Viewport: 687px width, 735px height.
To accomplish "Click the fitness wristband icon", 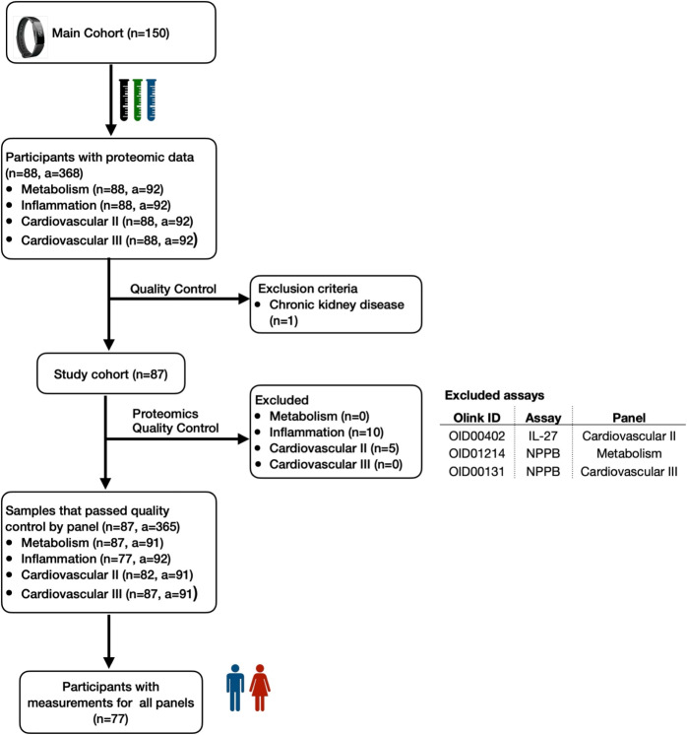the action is click(x=30, y=37).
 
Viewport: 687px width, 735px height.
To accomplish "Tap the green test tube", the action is click(x=137, y=100).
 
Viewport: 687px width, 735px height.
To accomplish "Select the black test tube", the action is click(x=124, y=100).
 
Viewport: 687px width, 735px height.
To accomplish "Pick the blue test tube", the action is click(x=151, y=100).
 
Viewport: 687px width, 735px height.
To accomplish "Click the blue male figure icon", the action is click(x=235, y=688).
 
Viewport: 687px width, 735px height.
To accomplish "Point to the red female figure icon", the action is click(x=260, y=688).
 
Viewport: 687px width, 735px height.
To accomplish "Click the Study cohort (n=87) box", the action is click(x=111, y=373).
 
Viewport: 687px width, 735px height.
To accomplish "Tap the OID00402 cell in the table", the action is click(x=476, y=435).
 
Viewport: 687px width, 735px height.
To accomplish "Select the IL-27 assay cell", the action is click(x=542, y=435).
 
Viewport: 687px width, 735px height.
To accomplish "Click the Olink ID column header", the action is click(x=476, y=418).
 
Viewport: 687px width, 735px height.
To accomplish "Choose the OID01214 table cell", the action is click(x=476, y=454).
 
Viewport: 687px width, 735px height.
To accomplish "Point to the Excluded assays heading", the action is click(x=494, y=396).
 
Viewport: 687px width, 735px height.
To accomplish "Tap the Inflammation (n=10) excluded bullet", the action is click(x=327, y=433).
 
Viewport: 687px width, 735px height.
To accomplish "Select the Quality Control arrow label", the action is click(x=173, y=289).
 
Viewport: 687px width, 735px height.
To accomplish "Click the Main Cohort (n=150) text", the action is click(x=110, y=33).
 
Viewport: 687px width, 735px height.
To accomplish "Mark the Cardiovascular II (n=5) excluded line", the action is click(x=334, y=448).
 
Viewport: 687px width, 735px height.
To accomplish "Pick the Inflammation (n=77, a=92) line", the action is click(x=96, y=559).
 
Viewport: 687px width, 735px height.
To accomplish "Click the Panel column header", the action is click(x=629, y=418).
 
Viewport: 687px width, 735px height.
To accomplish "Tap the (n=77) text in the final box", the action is click(x=110, y=718).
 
